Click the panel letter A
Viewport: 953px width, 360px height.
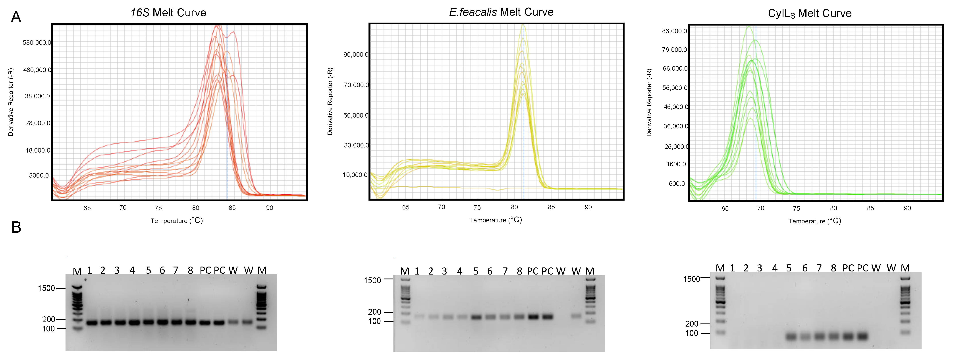(16, 17)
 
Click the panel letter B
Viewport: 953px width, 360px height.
(16, 227)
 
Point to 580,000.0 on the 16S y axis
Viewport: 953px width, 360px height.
(37, 43)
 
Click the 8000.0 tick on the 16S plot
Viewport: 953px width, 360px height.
(39, 175)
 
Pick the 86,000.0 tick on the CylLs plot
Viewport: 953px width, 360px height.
(674, 31)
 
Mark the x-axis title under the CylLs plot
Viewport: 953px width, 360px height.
(814, 221)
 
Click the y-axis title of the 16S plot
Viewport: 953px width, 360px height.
(11, 102)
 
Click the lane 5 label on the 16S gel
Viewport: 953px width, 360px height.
(148, 271)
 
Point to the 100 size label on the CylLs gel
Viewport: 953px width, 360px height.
(691, 333)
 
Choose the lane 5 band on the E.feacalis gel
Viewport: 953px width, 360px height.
(476, 317)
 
